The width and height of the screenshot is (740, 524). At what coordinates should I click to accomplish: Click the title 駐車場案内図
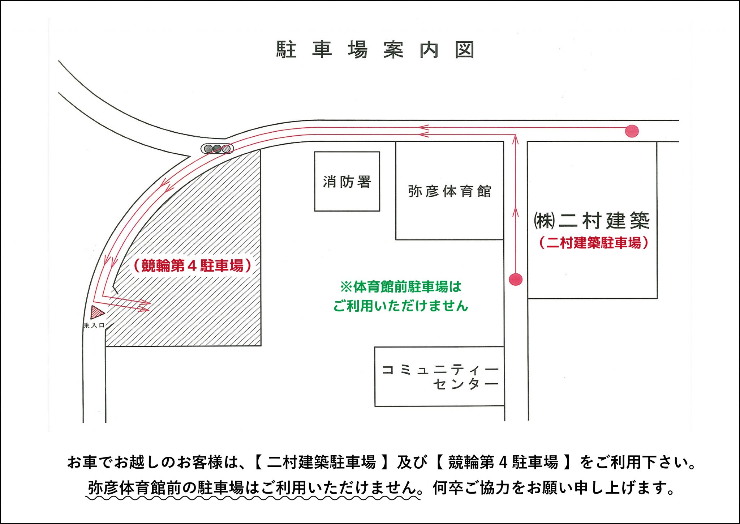(375, 50)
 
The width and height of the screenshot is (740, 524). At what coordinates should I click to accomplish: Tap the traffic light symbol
(217, 148)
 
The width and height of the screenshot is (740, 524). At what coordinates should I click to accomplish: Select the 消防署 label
(347, 182)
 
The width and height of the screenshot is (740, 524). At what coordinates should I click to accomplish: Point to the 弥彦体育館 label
(449, 191)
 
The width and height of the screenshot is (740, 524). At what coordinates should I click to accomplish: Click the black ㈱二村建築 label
(592, 221)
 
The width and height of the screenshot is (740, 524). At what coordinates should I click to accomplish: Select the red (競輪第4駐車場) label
(192, 265)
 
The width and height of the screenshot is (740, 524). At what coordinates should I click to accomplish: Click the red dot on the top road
(632, 131)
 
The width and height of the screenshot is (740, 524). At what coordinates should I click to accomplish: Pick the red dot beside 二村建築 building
(516, 279)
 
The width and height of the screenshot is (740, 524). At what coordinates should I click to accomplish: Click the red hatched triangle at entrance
(96, 312)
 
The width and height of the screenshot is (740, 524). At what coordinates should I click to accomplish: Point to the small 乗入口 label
(94, 325)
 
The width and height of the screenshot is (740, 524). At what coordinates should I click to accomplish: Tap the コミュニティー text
(440, 370)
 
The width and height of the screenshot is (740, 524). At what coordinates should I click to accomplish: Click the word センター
(466, 384)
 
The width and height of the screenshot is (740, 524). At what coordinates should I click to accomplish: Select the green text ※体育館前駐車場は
(401, 287)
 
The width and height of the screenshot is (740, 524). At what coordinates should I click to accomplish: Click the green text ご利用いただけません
(400, 306)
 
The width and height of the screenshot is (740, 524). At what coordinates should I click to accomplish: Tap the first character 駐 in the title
(287, 50)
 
